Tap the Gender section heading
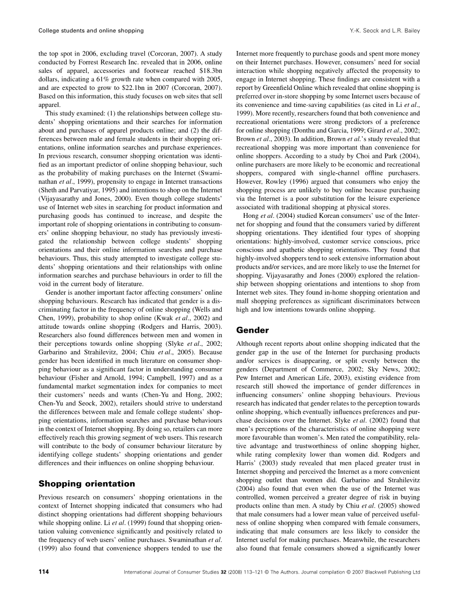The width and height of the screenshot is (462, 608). pyautogui.click(x=252, y=330)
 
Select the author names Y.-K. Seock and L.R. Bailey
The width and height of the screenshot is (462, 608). pyautogui.click(x=385, y=30)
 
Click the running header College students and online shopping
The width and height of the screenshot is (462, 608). pyautogui.click(x=91, y=30)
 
